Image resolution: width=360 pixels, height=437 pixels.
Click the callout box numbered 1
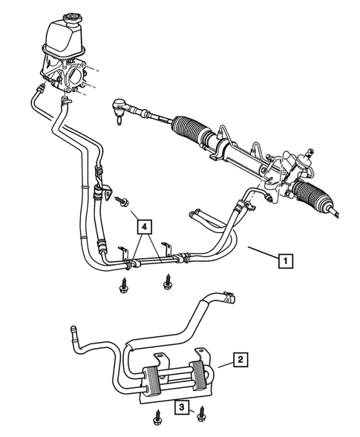(x=286, y=260)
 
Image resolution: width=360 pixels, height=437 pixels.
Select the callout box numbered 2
(x=239, y=361)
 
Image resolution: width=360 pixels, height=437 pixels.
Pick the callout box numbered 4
(x=145, y=225)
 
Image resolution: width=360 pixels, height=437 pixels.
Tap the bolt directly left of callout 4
(x=120, y=200)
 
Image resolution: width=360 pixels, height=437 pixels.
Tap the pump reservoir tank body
(x=65, y=37)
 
